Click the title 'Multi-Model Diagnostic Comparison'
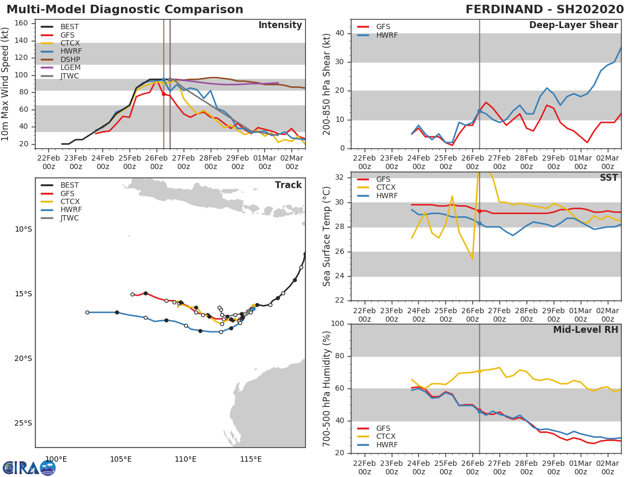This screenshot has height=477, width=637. coord(125,10)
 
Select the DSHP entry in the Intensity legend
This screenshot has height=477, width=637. coord(70,60)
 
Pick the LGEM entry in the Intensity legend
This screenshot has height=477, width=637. coord(70,68)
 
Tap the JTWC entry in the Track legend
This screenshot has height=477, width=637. coord(70,218)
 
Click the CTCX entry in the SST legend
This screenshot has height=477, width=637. coord(385,187)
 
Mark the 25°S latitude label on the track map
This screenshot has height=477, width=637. coord(23,423)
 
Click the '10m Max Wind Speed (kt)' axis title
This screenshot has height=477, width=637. coord(6,84)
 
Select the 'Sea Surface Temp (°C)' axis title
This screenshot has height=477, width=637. coord(327,236)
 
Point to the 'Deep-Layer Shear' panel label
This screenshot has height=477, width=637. coord(573,25)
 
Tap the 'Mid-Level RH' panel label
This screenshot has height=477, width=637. coord(586,330)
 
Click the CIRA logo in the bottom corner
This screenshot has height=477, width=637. coord(29,467)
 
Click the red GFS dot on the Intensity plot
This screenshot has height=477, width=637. coord(163,94)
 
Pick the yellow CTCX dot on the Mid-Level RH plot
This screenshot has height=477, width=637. coord(479,371)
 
